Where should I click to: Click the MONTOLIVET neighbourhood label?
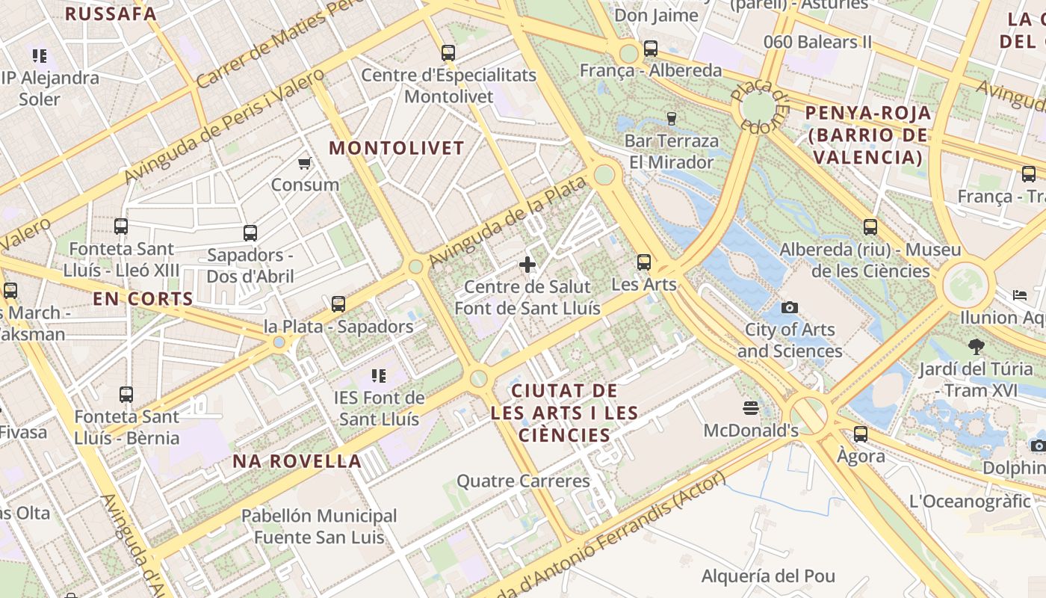click(397, 148)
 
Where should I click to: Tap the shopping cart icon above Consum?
click(304, 163)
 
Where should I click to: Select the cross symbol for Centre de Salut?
click(527, 264)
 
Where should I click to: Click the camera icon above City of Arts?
click(789, 307)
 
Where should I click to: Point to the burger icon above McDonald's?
click(751, 407)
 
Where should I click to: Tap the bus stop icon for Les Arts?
click(644, 262)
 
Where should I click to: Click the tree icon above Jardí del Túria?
click(976, 346)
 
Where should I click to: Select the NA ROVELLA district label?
click(297, 461)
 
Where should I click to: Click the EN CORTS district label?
click(143, 299)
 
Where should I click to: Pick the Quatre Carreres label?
click(523, 481)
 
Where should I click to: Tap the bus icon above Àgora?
click(861, 434)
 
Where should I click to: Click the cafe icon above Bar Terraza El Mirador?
click(671, 118)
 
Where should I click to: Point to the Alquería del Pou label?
click(768, 576)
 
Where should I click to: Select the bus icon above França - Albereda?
click(651, 49)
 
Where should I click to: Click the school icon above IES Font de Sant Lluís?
click(379, 375)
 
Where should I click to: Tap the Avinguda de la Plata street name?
click(508, 216)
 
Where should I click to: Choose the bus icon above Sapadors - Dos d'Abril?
click(250, 232)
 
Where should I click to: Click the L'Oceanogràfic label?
click(970, 502)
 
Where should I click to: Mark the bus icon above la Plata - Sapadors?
click(338, 303)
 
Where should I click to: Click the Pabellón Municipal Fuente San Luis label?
click(319, 526)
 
